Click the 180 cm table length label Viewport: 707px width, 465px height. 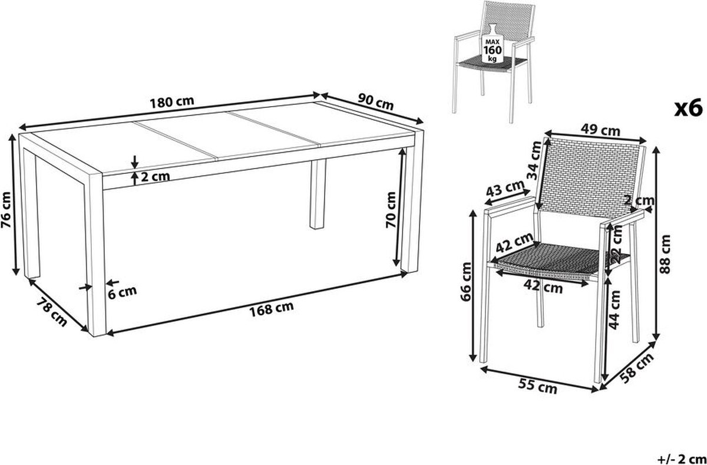(x=171, y=101)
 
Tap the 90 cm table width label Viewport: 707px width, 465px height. (x=376, y=101)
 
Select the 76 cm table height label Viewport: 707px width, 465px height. (x=6, y=210)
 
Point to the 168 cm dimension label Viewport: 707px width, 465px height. (x=272, y=308)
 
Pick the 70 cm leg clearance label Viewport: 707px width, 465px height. (x=391, y=209)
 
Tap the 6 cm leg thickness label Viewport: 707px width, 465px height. (x=122, y=292)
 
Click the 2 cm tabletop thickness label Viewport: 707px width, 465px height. (x=156, y=176)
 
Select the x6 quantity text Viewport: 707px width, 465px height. (x=688, y=108)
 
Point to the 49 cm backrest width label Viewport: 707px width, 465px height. (x=601, y=130)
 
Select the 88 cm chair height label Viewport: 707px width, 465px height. (x=665, y=255)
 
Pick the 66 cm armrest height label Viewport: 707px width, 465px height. (x=466, y=282)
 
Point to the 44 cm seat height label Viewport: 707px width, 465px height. (x=615, y=310)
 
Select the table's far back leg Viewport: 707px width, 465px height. (x=318, y=194)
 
